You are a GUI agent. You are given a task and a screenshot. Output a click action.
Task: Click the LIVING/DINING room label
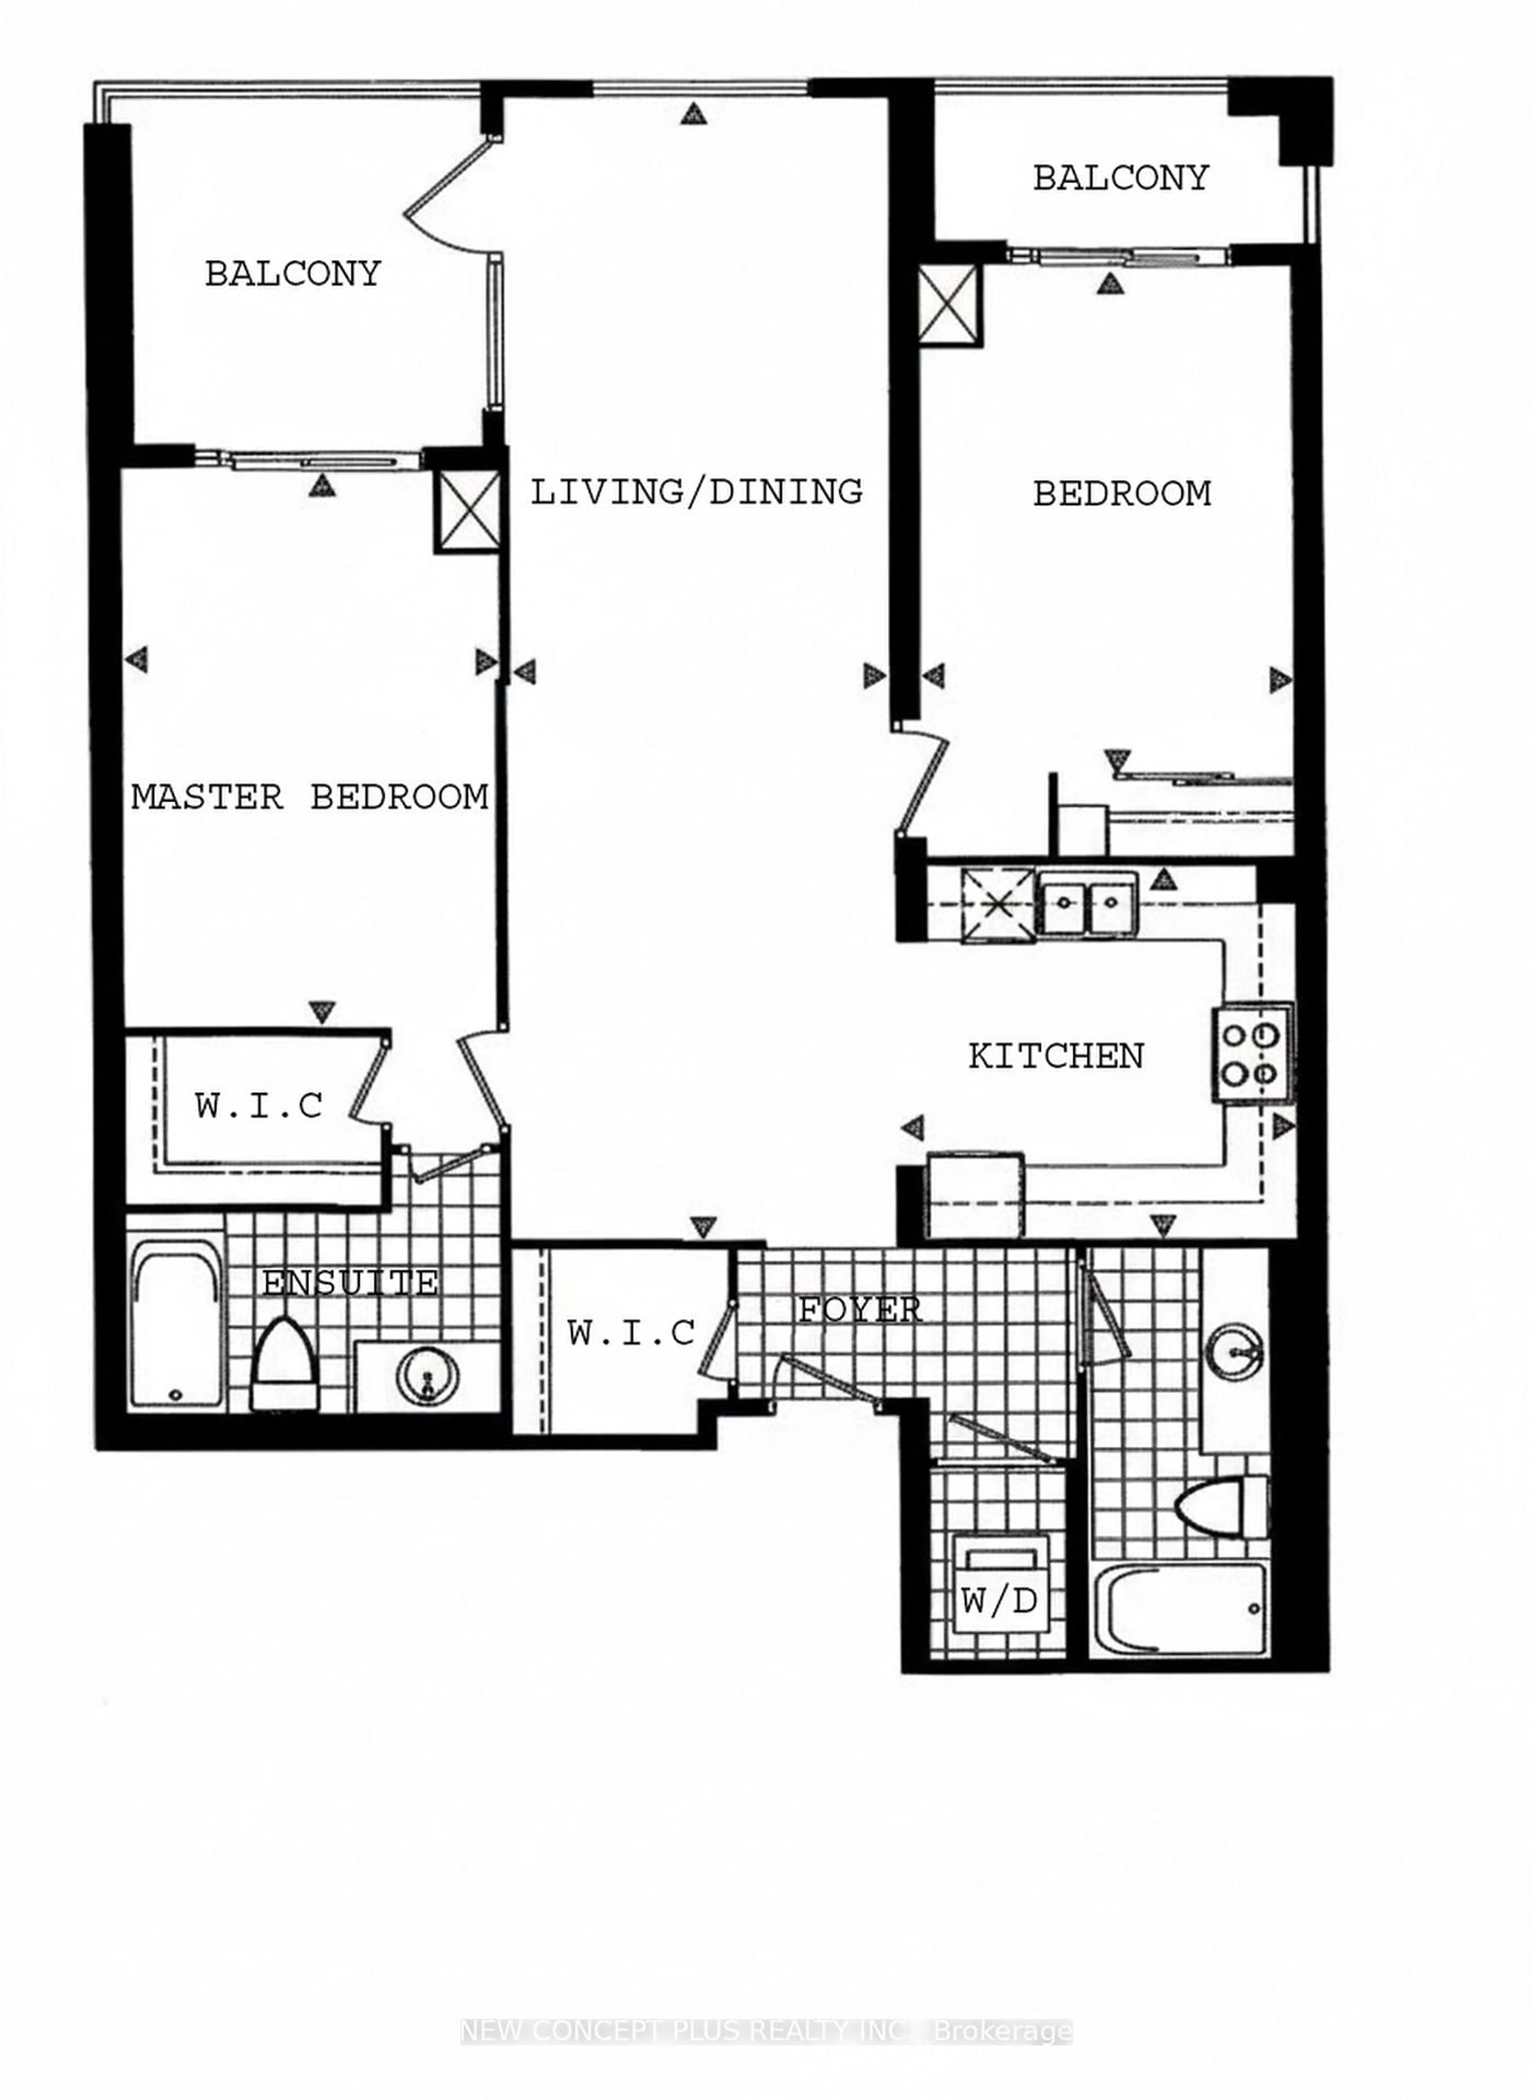pyautogui.click(x=695, y=492)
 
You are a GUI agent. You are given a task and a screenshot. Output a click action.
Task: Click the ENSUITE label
pyautogui.click(x=349, y=1284)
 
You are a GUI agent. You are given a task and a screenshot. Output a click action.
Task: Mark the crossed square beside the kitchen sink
pyautogui.click(x=998, y=905)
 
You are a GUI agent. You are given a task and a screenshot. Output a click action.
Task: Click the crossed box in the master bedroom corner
pyautogui.click(x=466, y=512)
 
